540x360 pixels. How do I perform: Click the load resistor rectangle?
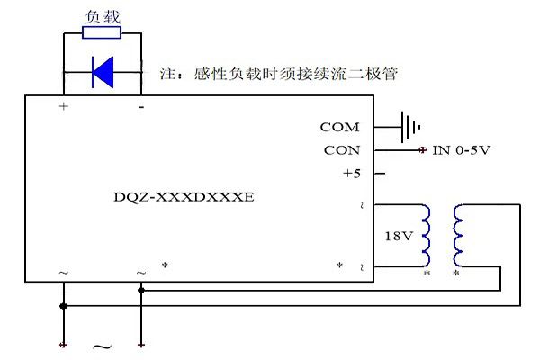point(102,33)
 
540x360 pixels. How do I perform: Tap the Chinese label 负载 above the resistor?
point(101,16)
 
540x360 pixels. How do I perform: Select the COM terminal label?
point(339,128)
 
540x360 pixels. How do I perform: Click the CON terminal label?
point(341,150)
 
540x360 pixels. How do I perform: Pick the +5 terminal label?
point(351,174)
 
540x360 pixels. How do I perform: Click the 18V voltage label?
point(398,236)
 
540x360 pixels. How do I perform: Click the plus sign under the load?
point(63,106)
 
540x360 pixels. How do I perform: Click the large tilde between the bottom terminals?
point(102,346)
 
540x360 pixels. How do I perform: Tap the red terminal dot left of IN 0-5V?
point(421,150)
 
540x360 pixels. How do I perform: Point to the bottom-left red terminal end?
point(63,344)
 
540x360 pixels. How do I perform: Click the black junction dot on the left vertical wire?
point(63,306)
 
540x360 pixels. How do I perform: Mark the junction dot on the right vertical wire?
point(140,290)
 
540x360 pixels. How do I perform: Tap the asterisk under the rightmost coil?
point(457,272)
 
